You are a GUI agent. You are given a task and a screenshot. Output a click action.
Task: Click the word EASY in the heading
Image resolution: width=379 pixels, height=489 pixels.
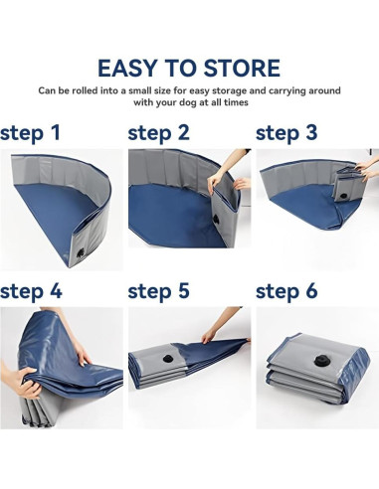point(131,69)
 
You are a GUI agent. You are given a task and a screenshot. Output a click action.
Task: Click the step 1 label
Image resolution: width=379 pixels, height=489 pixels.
point(30,132)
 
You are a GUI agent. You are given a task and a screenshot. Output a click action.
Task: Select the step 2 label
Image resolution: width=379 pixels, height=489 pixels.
point(159,132)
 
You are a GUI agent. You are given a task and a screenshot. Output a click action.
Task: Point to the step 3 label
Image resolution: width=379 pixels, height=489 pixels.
point(286,132)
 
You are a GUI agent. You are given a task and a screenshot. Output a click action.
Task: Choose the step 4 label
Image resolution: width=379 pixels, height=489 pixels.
point(31,291)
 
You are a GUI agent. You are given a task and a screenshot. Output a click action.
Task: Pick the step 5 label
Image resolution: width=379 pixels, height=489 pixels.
point(159,291)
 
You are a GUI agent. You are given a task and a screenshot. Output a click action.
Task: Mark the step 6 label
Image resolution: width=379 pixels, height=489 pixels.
point(286,291)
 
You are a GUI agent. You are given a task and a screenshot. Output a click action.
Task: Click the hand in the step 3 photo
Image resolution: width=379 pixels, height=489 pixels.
point(366,171)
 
